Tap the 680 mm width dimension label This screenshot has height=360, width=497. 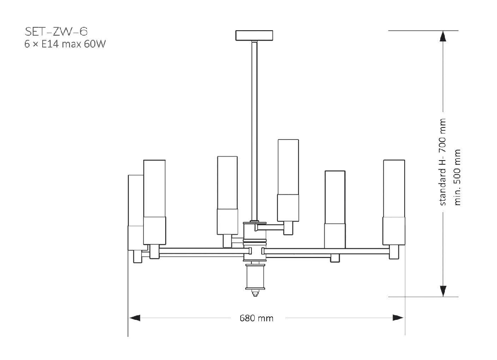(x=256, y=318)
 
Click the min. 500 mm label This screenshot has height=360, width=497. (x=458, y=177)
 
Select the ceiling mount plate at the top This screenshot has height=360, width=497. (x=254, y=35)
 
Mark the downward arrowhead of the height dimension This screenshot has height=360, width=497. (x=443, y=291)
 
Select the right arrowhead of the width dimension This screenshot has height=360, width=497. (x=398, y=318)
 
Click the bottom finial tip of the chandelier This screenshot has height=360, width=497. (x=255, y=294)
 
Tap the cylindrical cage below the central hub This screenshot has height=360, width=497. (x=255, y=277)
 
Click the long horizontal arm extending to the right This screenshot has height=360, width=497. (x=327, y=251)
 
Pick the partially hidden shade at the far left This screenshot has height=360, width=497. (x=135, y=211)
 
